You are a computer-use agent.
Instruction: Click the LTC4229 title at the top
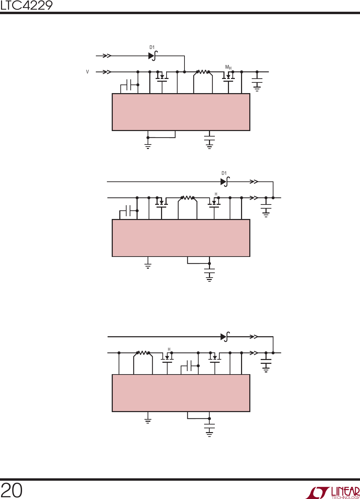tap(26, 6)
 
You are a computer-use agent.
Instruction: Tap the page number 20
tap(11, 490)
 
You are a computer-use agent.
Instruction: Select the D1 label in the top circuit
tap(152, 47)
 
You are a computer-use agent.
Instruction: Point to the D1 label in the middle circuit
tap(224, 173)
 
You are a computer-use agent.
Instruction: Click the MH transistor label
tap(228, 67)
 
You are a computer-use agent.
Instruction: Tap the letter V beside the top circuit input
tap(88, 72)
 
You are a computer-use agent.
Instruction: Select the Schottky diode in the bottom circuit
tap(225, 337)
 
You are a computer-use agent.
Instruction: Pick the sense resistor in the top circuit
tap(203, 72)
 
